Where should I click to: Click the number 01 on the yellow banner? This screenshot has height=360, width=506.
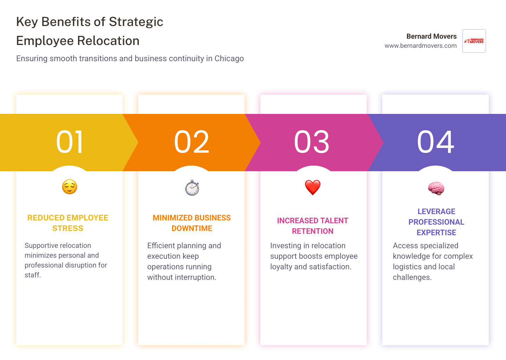pyautogui.click(x=70, y=142)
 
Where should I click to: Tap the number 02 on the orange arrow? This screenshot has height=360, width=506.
pyautogui.click(x=192, y=142)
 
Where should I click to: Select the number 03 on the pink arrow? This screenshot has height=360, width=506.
pyautogui.click(x=312, y=142)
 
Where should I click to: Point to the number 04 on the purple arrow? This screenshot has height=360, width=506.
pyautogui.click(x=436, y=142)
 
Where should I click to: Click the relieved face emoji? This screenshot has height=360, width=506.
pyautogui.click(x=70, y=187)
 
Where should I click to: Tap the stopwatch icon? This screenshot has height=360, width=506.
pyautogui.click(x=192, y=187)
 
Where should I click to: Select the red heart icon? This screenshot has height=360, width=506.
pyautogui.click(x=313, y=187)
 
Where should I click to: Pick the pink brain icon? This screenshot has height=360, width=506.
pyautogui.click(x=436, y=188)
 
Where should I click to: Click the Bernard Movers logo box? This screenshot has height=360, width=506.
pyautogui.click(x=474, y=41)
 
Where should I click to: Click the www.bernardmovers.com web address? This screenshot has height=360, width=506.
pyautogui.click(x=421, y=46)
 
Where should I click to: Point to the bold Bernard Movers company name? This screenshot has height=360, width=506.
pyautogui.click(x=432, y=36)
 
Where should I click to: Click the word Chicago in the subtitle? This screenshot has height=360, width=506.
pyautogui.click(x=229, y=58)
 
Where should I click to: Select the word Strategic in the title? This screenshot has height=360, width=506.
pyautogui.click(x=136, y=22)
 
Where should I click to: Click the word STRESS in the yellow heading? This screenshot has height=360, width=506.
pyautogui.click(x=68, y=229)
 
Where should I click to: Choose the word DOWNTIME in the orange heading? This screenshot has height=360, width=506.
pyautogui.click(x=192, y=229)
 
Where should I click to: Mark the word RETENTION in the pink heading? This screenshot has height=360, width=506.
pyautogui.click(x=313, y=231)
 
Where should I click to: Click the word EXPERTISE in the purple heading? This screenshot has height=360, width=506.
pyautogui.click(x=436, y=233)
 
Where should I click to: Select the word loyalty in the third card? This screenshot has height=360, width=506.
pyautogui.click(x=281, y=267)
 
